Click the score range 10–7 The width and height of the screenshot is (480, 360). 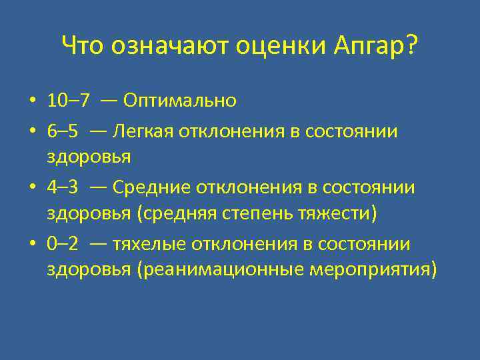click(69, 101)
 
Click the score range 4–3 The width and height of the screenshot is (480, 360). click(62, 188)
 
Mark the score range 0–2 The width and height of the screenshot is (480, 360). click(62, 245)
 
